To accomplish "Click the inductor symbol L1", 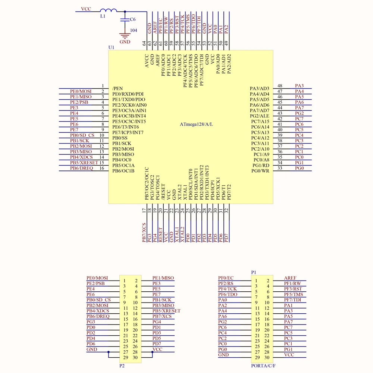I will tap(108, 11).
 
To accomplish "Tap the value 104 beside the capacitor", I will tap(133, 30).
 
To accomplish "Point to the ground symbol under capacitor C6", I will tap(124, 36).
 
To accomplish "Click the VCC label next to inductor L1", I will tap(86, 8).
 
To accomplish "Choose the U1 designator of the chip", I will tap(111, 48).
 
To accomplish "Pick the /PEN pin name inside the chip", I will tap(117, 88).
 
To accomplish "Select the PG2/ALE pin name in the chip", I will tap(260, 116).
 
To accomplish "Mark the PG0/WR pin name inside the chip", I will tap(260, 171).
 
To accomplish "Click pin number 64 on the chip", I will tap(144, 43).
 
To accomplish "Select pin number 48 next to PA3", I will tap(279, 86).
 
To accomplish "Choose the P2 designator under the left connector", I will tap(122, 366).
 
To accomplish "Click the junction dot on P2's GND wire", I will tap(108, 352).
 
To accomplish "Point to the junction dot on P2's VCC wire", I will tap(150, 352).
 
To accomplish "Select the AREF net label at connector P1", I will tap(290, 278).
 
